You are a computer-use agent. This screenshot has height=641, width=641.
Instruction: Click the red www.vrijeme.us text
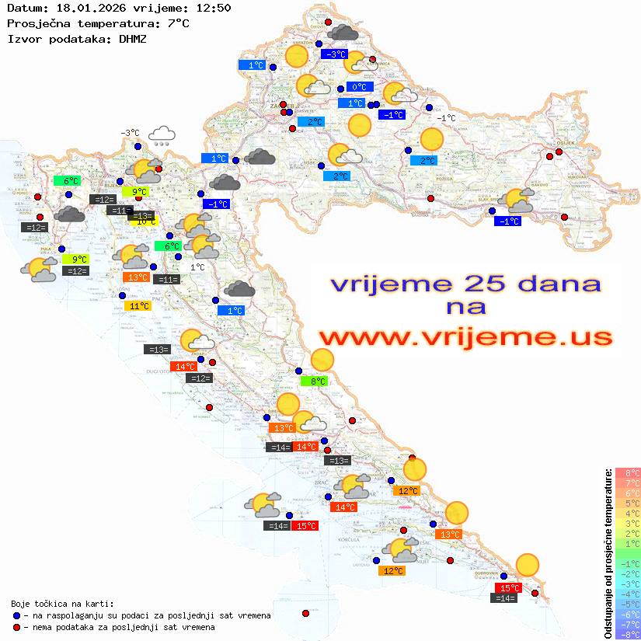[465, 337]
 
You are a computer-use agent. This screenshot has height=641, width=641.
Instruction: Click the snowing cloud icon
[162, 137]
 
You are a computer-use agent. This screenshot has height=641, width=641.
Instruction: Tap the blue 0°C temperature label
[359, 87]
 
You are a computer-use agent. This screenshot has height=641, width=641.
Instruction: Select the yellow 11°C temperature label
[138, 306]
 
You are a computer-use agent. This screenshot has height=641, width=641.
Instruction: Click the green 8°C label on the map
[315, 381]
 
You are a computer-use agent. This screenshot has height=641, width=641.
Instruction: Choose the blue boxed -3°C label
[335, 54]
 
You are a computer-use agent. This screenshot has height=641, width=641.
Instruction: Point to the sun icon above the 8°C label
[321, 360]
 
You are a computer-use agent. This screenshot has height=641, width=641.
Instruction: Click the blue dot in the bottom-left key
[16, 615]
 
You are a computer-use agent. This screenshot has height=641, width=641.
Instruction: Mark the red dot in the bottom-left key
[16, 626]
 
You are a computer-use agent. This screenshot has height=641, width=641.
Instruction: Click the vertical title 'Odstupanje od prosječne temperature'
[608, 553]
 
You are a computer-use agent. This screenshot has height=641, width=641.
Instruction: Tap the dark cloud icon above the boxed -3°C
[343, 33]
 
